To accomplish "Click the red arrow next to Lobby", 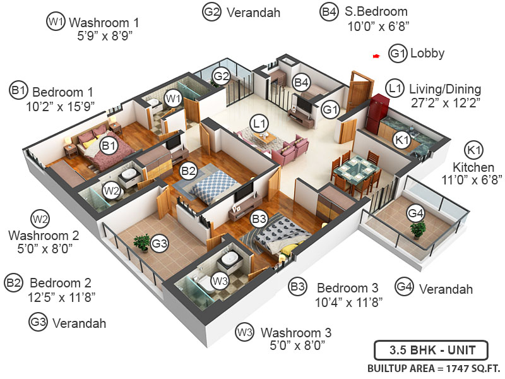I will point(376,56).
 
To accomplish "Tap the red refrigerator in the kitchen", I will point(380,114).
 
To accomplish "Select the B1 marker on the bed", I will point(109,147).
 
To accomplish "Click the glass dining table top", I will point(355,169).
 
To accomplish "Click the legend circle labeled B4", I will point(329,11).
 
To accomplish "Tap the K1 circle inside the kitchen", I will point(401,141).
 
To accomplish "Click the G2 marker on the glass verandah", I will point(221,76).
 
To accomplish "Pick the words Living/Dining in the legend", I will point(444,88).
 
